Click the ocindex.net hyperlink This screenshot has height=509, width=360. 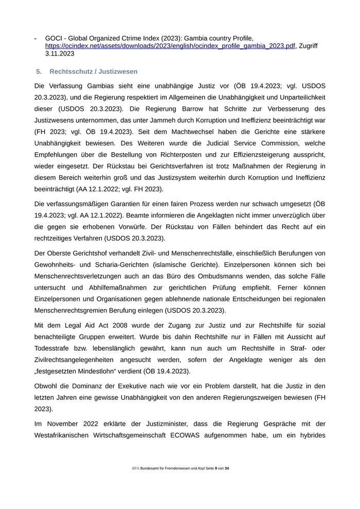coord(170,46)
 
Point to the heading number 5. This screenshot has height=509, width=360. coord(39,71)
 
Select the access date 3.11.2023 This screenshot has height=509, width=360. coord(60,53)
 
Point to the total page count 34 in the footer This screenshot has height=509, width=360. coord(227,468)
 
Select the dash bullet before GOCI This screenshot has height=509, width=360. coord(35,38)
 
